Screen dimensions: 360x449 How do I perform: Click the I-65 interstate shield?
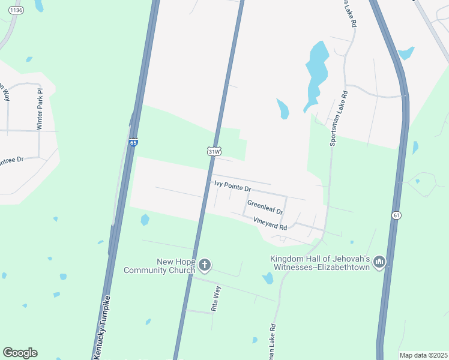(x=133, y=142)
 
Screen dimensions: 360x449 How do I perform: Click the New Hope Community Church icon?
(x=205, y=265)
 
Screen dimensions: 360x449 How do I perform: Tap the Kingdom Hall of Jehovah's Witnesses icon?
(x=379, y=262)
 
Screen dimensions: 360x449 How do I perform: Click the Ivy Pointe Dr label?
(x=232, y=187)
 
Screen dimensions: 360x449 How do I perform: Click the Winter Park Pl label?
(x=40, y=109)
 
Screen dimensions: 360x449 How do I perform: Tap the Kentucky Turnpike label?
(x=102, y=327)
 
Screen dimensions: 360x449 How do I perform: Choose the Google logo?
(x=20, y=353)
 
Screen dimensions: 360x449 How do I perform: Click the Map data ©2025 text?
(x=423, y=355)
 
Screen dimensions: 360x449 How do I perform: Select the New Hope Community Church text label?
(x=159, y=266)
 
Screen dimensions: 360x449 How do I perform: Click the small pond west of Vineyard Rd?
(x=145, y=220)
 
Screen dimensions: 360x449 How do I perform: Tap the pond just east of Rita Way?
(x=268, y=278)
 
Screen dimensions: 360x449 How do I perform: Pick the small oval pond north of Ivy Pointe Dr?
(x=282, y=109)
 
